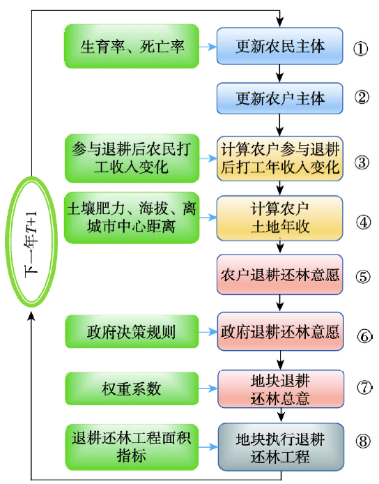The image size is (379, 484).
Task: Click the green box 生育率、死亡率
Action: [x=132, y=46]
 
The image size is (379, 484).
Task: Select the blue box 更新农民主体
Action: [x=279, y=46]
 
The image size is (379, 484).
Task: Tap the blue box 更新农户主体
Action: [x=279, y=98]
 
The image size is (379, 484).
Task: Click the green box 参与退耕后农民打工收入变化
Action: [x=132, y=158]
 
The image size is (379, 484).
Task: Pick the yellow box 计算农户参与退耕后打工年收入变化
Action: [x=279, y=158]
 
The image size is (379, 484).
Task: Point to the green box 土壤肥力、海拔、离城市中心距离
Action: [x=132, y=218]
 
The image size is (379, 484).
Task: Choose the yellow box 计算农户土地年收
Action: [x=279, y=218]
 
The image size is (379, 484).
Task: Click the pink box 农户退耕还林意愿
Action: [x=279, y=274]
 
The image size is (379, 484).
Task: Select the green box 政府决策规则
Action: [x=132, y=332]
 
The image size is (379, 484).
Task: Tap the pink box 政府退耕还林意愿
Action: [x=280, y=331]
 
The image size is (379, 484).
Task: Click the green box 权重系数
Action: [x=132, y=388]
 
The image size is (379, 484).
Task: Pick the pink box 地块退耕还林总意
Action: [x=281, y=389]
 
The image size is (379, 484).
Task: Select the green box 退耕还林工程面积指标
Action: [x=132, y=447]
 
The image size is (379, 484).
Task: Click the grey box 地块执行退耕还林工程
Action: [x=281, y=447]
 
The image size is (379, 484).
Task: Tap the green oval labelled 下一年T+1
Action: [x=8, y=241]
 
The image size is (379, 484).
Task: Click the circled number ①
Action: [x=361, y=49]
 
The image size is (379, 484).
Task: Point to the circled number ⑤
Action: [x=363, y=277]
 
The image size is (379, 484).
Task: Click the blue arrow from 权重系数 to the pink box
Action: [x=208, y=388]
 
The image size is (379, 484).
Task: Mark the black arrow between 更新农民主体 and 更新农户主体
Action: [x=279, y=74]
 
